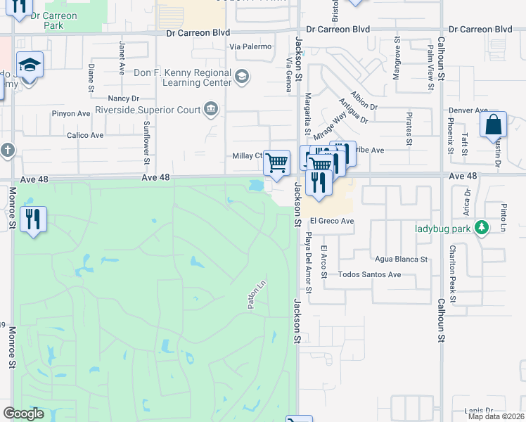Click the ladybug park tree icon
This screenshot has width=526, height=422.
[x=482, y=228]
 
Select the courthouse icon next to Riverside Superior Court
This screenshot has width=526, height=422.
[x=210, y=108]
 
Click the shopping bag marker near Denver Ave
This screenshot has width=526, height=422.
[x=494, y=124]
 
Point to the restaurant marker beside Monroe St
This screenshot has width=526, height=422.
[x=32, y=219]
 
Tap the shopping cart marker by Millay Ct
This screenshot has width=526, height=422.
[x=277, y=162]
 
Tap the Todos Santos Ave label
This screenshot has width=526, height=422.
[x=369, y=274]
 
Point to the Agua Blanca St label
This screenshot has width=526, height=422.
[x=401, y=259]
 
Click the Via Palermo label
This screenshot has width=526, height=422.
[x=250, y=46]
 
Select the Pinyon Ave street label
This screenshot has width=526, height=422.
[x=74, y=113]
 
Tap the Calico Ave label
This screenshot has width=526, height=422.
[x=85, y=135]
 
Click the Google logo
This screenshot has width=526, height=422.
[x=24, y=414]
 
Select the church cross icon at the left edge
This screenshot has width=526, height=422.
[x=7, y=151]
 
